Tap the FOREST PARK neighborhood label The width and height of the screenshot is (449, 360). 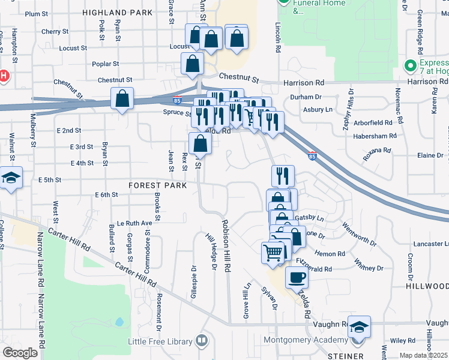(x=157, y=186)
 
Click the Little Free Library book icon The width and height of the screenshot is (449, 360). (x=202, y=342)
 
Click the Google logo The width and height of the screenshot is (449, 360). (x=20, y=352)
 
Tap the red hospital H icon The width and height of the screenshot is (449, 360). (x=4, y=76)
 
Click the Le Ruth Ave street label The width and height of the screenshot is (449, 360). (x=135, y=223)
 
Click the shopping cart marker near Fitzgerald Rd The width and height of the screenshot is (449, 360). (x=273, y=252)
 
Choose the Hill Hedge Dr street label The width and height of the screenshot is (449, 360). (x=210, y=251)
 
